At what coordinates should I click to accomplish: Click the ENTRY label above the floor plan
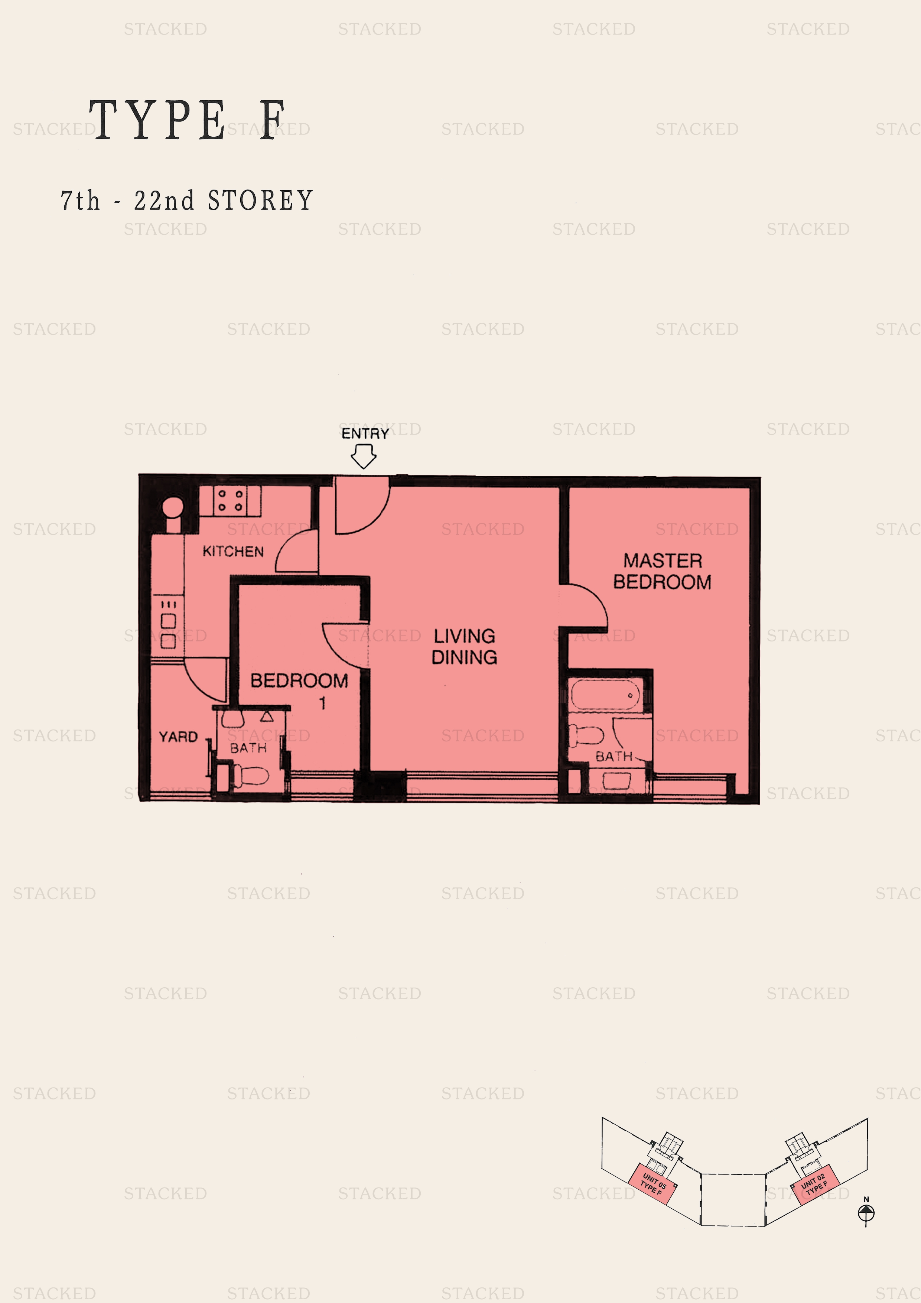pos(365,433)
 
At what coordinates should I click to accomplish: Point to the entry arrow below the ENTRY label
pos(363,456)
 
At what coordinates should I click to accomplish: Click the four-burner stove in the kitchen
pos(230,501)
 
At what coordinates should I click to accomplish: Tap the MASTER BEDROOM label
pos(662,571)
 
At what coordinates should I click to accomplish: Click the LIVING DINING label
pos(464,646)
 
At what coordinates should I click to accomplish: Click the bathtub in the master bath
pos(605,695)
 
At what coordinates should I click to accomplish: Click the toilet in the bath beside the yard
pos(250,775)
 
